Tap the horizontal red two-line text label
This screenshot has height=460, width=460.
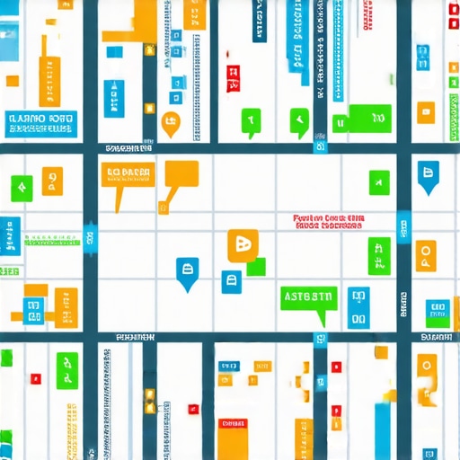(x=328, y=222)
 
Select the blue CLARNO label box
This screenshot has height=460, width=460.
(x=39, y=123)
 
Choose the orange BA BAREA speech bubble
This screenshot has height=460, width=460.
(x=130, y=174)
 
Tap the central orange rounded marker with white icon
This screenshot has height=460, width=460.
(x=242, y=244)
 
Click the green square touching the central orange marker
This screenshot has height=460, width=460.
(x=257, y=266)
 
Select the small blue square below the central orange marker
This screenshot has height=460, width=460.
(x=233, y=279)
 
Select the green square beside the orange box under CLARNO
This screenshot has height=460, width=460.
(x=20, y=187)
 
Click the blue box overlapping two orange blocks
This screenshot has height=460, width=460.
(x=34, y=305)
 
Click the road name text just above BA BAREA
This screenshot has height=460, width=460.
(x=128, y=146)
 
